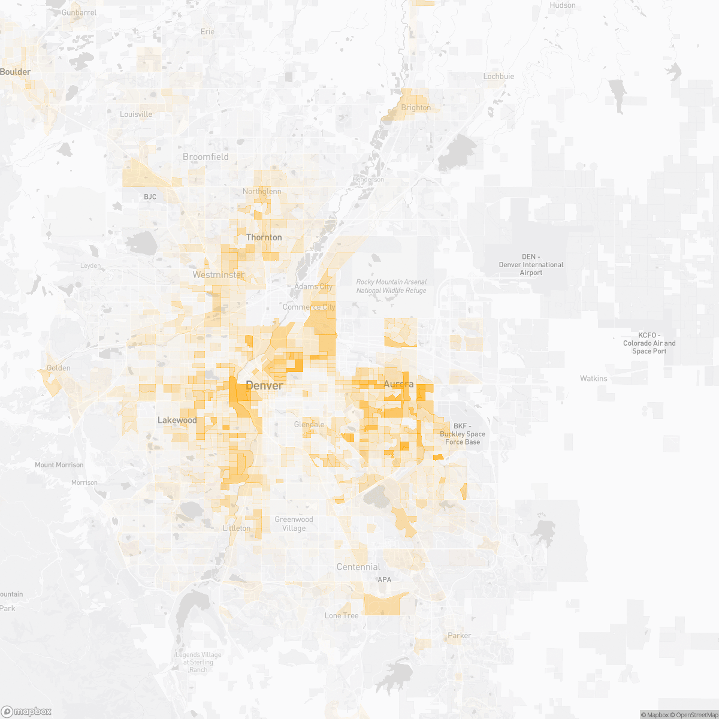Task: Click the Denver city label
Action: click(x=264, y=386)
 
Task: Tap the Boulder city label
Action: click(x=16, y=72)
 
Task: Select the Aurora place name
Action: click(x=398, y=384)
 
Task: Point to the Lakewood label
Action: click(x=177, y=421)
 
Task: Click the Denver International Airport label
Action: click(x=531, y=265)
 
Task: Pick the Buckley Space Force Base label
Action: click(x=462, y=434)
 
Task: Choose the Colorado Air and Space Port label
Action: click(x=649, y=343)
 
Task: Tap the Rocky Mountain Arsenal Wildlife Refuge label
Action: click(x=391, y=286)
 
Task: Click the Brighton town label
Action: click(x=416, y=108)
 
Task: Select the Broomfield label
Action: click(x=206, y=157)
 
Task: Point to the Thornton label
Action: click(x=264, y=238)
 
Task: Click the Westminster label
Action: click(x=218, y=275)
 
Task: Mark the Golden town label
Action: click(x=59, y=368)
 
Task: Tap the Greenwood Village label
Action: click(x=294, y=524)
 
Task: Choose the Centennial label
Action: click(x=358, y=567)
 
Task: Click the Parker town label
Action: click(x=460, y=636)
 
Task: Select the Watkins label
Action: click(x=593, y=379)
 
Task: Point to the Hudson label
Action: click(x=563, y=5)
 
